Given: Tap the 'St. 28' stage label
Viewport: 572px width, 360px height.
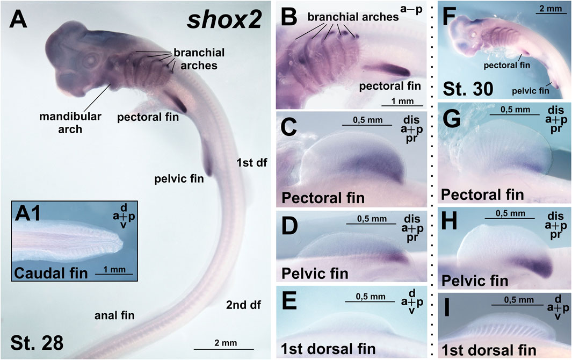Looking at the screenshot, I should click(x=37, y=341).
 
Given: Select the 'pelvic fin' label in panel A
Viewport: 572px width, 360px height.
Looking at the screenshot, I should click(x=177, y=179).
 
